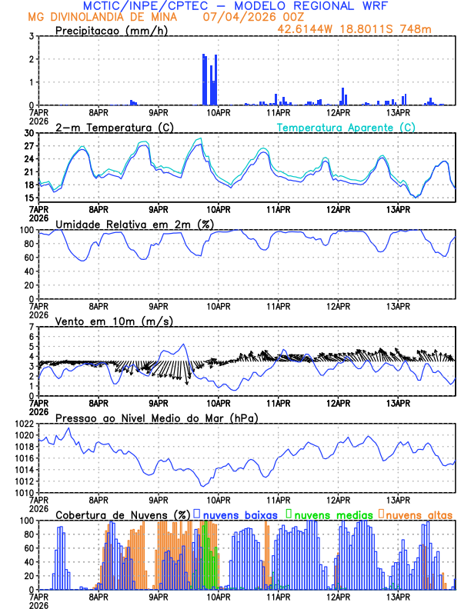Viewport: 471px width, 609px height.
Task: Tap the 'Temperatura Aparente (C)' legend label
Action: pyautogui.click(x=346, y=127)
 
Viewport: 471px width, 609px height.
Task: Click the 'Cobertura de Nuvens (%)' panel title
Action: pyautogui.click(x=123, y=514)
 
